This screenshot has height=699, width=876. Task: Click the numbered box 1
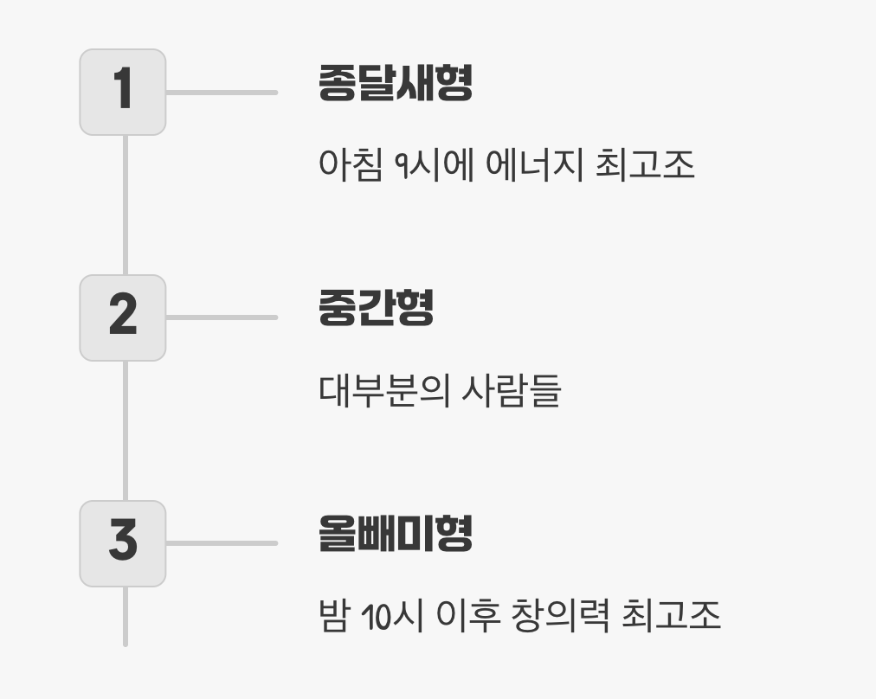[123, 92]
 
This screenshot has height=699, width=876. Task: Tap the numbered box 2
[123, 317]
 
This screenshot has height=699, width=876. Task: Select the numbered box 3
[123, 543]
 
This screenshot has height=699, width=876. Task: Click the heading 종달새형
[395, 84]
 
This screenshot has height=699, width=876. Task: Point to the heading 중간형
[376, 309]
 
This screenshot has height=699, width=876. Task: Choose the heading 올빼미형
[395, 534]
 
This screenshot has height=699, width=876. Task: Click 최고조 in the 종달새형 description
[645, 164]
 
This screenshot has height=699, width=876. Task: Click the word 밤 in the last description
[333, 616]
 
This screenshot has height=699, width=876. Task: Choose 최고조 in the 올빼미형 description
[671, 616]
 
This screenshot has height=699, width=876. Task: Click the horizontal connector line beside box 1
[221, 92]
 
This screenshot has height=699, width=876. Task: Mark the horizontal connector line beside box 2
[221, 317]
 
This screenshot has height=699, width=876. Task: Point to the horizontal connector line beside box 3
[221, 543]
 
